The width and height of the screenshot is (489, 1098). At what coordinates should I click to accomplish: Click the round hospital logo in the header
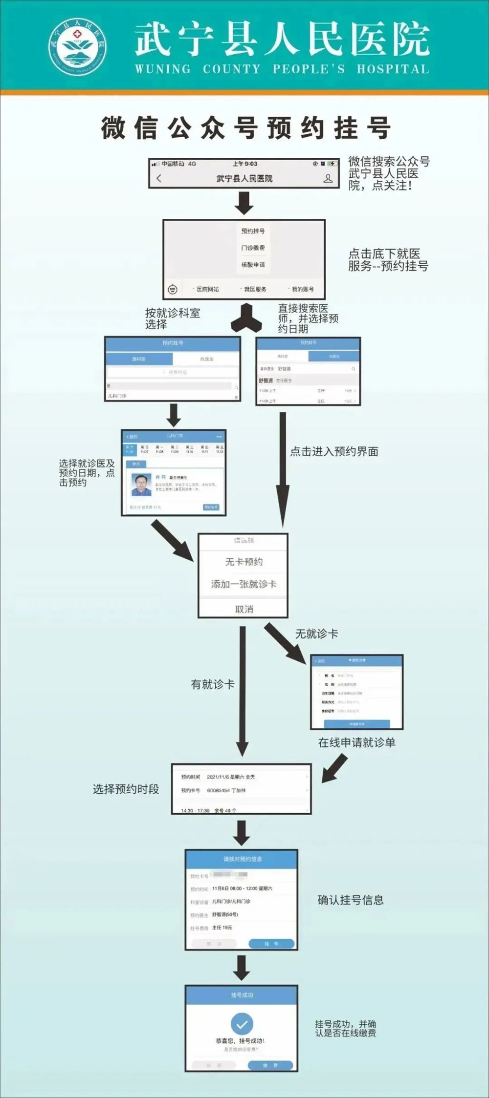pyautogui.click(x=77, y=47)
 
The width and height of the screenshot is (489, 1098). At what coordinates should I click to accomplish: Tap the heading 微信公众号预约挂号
pyautogui.click(x=245, y=128)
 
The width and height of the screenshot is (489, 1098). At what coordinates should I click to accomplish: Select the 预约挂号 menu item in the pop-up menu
pyautogui.click(x=253, y=231)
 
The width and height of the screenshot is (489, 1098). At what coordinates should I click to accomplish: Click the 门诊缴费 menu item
pyautogui.click(x=253, y=248)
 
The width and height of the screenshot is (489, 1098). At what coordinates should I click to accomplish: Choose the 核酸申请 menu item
pyautogui.click(x=253, y=264)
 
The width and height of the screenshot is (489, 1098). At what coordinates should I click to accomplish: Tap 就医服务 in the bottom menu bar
pyautogui.click(x=255, y=289)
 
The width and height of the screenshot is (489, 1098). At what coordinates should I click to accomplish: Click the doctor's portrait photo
pyautogui.click(x=141, y=484)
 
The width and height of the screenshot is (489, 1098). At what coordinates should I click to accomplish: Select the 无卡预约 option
pyautogui.click(x=244, y=562)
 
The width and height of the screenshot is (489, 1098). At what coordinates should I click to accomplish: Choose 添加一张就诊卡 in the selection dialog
pyautogui.click(x=244, y=584)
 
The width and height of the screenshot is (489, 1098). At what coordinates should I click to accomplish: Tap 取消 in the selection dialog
pyautogui.click(x=244, y=609)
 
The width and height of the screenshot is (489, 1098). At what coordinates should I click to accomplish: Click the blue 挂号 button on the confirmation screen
pyautogui.click(x=271, y=944)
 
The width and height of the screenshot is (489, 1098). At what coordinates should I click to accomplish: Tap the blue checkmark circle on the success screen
pyautogui.click(x=242, y=1023)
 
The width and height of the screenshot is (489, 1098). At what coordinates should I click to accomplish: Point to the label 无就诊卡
pyautogui.click(x=316, y=634)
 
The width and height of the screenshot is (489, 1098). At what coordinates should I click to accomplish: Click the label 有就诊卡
pyautogui.click(x=213, y=684)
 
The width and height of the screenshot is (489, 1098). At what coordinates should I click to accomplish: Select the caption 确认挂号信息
pyautogui.click(x=351, y=900)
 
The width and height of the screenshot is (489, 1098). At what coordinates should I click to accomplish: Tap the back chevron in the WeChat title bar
pyautogui.click(x=158, y=178)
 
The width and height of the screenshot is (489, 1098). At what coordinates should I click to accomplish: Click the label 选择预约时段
pyautogui.click(x=126, y=789)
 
